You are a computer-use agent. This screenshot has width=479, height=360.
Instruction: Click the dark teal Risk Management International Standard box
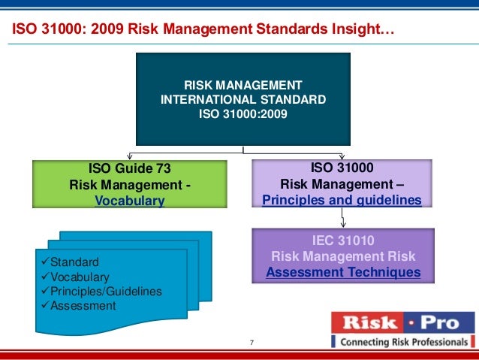(x=243, y=98)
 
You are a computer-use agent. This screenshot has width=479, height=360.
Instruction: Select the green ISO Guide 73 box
(x=130, y=184)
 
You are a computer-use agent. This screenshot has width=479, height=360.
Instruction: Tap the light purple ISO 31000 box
(x=342, y=184)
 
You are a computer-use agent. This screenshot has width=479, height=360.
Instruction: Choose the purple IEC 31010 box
(x=342, y=257)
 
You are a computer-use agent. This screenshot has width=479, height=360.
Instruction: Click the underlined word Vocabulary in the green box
(x=130, y=201)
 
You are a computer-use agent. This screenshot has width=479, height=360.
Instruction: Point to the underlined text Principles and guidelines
(x=342, y=200)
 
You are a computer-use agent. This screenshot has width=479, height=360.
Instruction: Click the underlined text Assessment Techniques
(x=343, y=272)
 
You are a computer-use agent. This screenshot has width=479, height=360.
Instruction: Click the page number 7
(x=252, y=344)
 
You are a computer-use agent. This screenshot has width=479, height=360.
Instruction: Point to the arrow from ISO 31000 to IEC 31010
(x=342, y=219)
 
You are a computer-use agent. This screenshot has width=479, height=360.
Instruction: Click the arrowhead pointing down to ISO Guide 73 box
(x=143, y=156)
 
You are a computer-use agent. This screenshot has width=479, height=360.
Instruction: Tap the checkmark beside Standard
(x=44, y=262)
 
